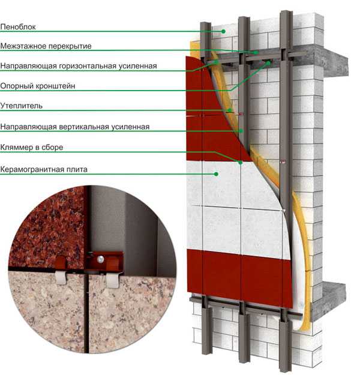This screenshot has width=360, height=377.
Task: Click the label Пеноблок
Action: pyautogui.click(x=18, y=26)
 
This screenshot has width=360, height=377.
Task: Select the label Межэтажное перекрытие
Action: pyautogui.click(x=46, y=46)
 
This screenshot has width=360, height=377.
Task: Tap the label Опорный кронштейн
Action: pyautogui.click(x=38, y=86)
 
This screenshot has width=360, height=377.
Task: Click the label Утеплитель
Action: pyautogui.click(x=22, y=106)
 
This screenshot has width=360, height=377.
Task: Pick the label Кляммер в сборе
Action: pyautogui.click(x=32, y=147)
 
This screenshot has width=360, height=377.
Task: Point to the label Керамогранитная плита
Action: pyautogui.click(x=44, y=169)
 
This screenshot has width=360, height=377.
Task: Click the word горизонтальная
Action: pyautogui.click(x=88, y=66)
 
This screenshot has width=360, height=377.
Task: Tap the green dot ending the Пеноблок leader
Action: pyautogui.click(x=223, y=31)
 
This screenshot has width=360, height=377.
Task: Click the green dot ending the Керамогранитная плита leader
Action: pyautogui.click(x=216, y=174)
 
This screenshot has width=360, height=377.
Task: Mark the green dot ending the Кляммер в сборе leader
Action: pyautogui.click(x=241, y=163)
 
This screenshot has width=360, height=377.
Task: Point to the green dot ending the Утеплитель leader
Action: pyautogui.click(x=230, y=110)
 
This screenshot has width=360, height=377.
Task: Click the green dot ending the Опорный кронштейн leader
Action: pyautogui.click(x=268, y=62)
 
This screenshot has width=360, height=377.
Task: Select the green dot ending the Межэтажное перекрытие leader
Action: pyautogui.click(x=257, y=52)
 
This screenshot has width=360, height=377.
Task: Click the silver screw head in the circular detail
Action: pyautogui.click(x=101, y=259)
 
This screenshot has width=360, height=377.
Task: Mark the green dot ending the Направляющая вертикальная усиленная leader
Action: pyautogui.click(x=241, y=131)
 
